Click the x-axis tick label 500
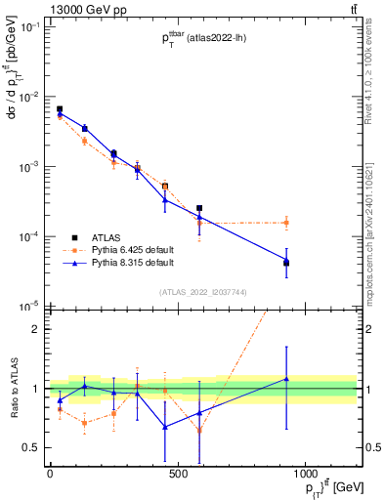177,474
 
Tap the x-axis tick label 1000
305,474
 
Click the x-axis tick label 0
49,474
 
